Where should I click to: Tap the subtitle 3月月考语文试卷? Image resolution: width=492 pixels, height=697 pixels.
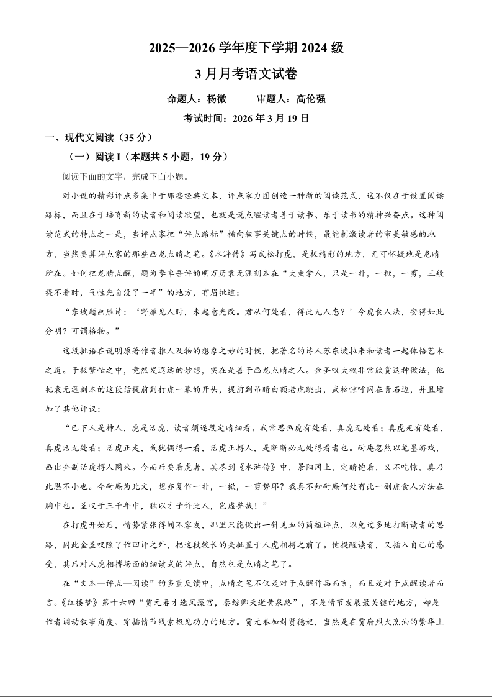[x=246, y=74]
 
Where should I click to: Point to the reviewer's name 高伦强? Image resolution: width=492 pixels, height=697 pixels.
[x=311, y=99]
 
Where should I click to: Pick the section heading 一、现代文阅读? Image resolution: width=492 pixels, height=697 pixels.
[x=72, y=137]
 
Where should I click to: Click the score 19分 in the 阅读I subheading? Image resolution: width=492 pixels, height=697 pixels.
[x=212, y=157]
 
